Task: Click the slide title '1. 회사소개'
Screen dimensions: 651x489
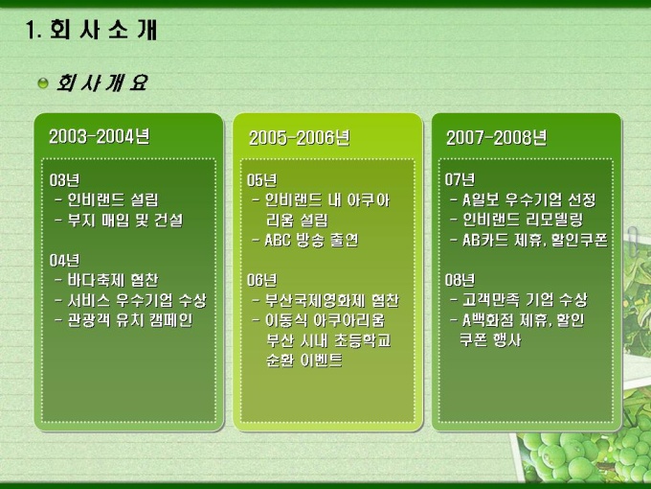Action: coord(91,30)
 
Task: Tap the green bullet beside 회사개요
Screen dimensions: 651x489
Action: coord(43,83)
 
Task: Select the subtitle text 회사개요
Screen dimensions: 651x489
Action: coord(102,82)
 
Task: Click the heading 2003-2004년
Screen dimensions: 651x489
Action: coord(99,136)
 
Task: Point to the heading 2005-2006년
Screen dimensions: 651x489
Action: coord(299,138)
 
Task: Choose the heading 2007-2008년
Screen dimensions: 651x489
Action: coord(497,138)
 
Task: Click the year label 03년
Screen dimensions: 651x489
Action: coord(64,180)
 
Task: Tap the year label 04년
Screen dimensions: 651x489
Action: coord(64,260)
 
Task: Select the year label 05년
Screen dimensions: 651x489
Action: coord(262,180)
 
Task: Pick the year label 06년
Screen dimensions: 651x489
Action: coord(262,280)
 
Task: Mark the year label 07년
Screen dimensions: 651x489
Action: coord(460,179)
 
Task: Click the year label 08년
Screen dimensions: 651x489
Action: coord(460,280)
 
